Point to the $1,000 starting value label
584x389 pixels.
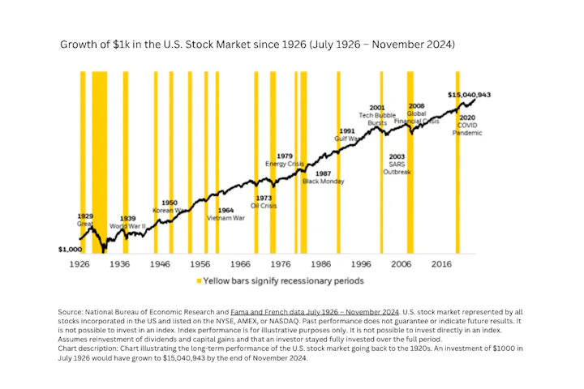tap(71, 250)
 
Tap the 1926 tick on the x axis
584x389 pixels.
tap(79, 264)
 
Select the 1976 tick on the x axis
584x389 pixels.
tap(281, 264)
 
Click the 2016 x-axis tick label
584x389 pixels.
tap(442, 264)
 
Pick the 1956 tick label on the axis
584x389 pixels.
tap(200, 264)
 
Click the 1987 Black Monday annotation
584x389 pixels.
tap(322, 178)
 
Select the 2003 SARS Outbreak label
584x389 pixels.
tap(397, 164)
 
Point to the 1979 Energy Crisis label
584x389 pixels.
tap(285, 160)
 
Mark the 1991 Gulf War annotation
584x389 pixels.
tap(346, 135)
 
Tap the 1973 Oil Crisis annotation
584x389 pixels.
tap(264, 201)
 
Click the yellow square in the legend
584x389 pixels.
tap(198, 281)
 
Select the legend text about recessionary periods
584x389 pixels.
tap(283, 281)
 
